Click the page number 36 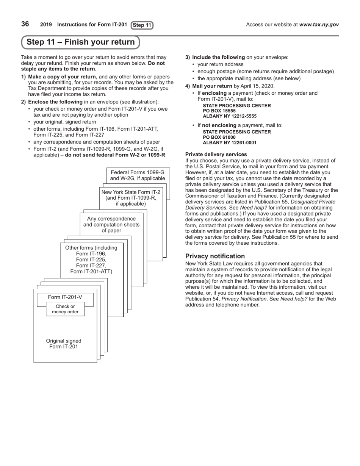point(25,24)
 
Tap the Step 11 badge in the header point(142,25)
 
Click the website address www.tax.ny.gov point(319,25)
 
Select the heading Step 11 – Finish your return point(80,42)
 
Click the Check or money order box point(65,309)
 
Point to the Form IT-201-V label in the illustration point(65,297)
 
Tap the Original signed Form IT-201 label point(64,344)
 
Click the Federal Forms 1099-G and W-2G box point(138,175)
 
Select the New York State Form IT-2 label point(131,198)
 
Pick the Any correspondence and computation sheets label point(111,225)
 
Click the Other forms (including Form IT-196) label point(91,260)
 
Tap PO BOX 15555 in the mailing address point(219,111)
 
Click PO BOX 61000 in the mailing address point(219,138)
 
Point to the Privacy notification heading point(215,256)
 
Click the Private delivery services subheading point(216,154)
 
